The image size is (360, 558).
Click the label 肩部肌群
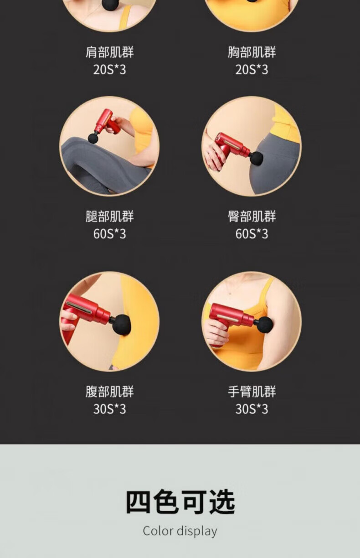[x=109, y=52]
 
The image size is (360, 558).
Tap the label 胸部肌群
[x=252, y=52]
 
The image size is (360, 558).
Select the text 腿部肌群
[x=109, y=216]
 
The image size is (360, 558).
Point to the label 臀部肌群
[x=252, y=216]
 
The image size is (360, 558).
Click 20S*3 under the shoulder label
[x=109, y=69]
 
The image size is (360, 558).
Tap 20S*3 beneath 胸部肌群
[x=252, y=69]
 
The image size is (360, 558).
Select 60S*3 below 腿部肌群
[x=109, y=234]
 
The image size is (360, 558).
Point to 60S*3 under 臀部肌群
[x=252, y=234]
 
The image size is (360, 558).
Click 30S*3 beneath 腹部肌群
[x=109, y=409]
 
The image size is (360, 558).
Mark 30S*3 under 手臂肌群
[x=252, y=409]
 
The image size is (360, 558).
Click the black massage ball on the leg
[x=93, y=138]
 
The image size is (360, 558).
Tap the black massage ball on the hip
[x=257, y=159]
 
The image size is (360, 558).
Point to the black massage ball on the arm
[x=264, y=325]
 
